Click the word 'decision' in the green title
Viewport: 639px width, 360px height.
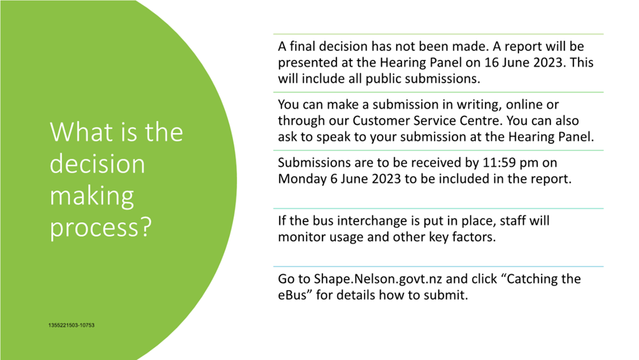click(97, 164)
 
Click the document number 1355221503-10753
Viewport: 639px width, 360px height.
click(71, 326)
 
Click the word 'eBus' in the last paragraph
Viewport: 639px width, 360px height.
click(292, 295)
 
